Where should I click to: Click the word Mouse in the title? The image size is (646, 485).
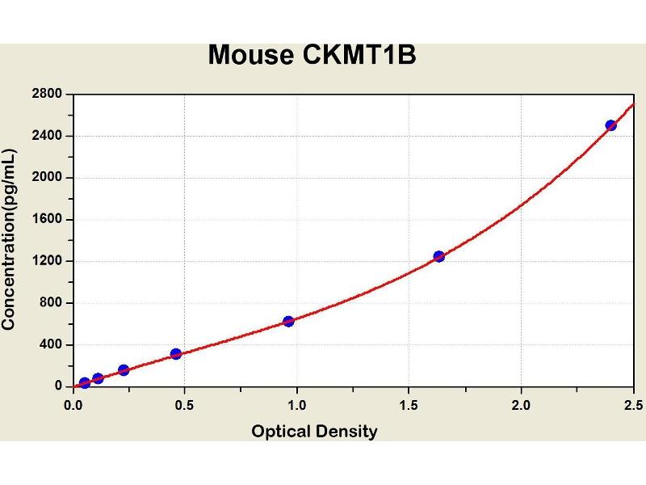point(251,55)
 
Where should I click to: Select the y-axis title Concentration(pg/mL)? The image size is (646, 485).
point(10,239)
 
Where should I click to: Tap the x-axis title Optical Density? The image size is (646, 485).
point(314,432)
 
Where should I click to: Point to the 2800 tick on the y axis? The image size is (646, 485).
point(47,94)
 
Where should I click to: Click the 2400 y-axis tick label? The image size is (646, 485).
point(47,136)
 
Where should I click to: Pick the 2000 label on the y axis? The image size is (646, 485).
point(47,178)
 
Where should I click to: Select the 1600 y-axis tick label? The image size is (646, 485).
point(47,220)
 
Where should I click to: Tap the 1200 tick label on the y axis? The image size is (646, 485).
point(47,262)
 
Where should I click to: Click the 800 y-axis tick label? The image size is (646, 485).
point(50,303)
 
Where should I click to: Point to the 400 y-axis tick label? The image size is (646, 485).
point(50,345)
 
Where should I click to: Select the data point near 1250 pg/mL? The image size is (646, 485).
point(439,256)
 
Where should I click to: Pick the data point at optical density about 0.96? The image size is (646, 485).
point(288,321)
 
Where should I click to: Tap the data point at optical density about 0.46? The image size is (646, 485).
point(176,354)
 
